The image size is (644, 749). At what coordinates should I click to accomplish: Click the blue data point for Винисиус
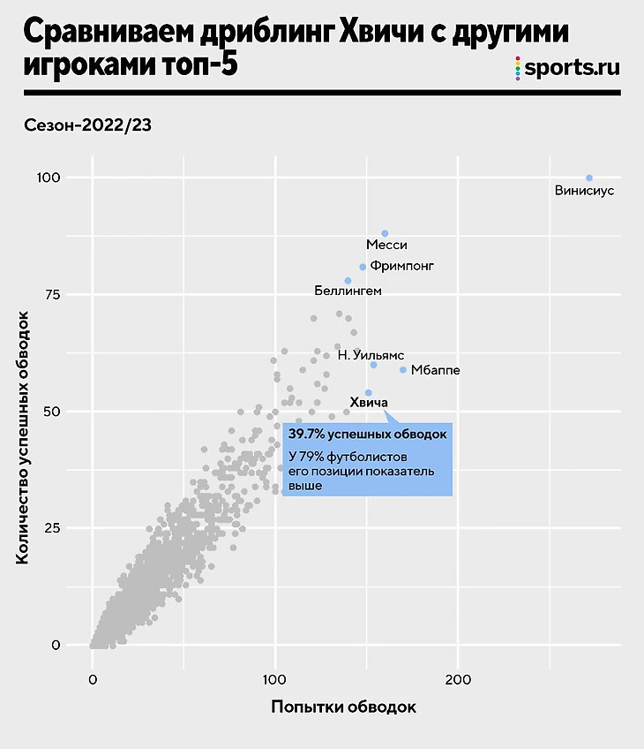589,178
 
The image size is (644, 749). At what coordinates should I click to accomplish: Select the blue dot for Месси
385,233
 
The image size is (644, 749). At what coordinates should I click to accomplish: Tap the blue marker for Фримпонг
363,267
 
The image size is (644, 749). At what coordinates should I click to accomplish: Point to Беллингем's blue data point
348,281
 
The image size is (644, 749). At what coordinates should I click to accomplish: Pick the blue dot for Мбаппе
403,370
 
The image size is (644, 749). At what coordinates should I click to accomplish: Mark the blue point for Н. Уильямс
373,365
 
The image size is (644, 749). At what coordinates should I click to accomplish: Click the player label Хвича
370,402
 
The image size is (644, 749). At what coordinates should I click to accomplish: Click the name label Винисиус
584,190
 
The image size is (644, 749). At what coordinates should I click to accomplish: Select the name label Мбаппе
435,370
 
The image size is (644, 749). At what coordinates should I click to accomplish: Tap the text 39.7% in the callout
308,435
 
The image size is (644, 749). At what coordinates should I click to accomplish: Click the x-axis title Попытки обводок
342,707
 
